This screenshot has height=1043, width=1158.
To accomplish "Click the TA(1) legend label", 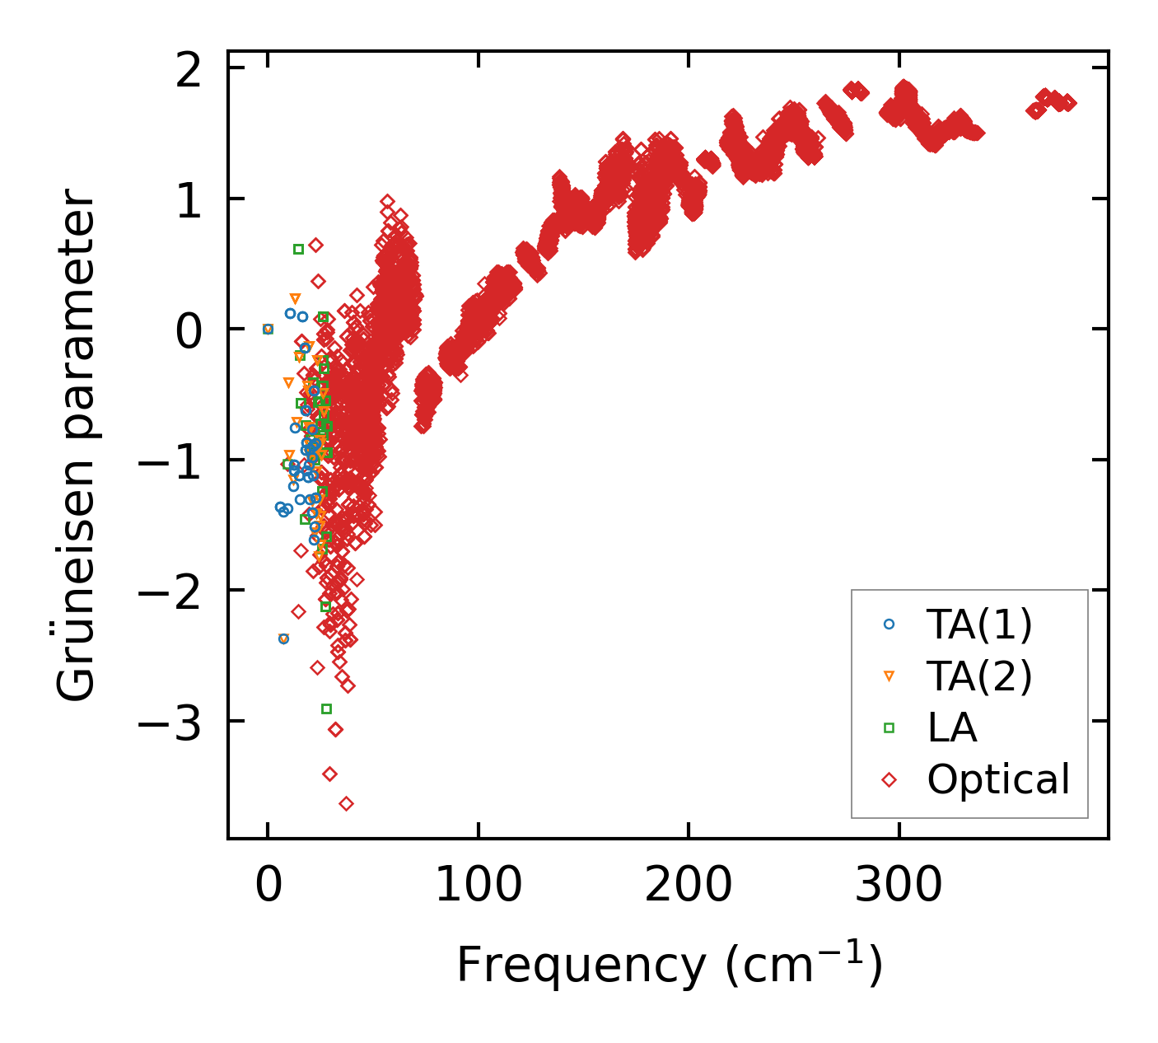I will [978, 625].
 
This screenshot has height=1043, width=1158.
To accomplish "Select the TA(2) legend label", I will [978, 676].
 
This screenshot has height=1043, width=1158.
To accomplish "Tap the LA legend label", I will [952, 728].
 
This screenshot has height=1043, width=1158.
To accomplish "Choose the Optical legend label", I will [998, 779].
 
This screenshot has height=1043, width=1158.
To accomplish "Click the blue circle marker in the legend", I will [889, 624].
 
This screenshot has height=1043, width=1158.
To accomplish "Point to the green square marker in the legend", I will [889, 727].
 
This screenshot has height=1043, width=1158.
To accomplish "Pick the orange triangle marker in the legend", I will [889, 676].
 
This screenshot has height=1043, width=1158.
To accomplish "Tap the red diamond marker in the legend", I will [889, 779].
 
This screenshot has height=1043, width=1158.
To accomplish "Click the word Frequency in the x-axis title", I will [581, 966].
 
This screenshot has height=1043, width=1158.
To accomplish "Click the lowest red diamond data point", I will [346, 803].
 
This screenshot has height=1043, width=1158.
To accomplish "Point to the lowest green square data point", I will [326, 709].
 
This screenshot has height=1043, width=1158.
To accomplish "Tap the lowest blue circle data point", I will [283, 638].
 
